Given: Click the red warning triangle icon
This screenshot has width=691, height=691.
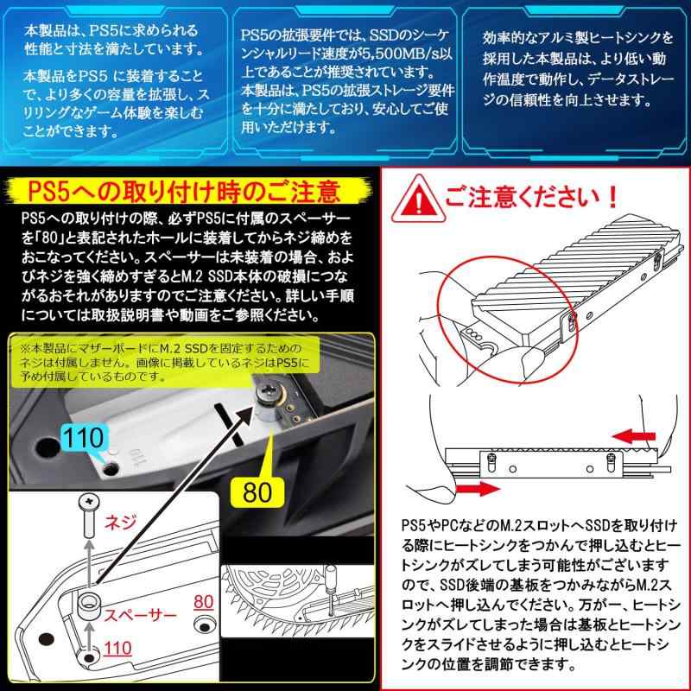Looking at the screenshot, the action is (x=418, y=200).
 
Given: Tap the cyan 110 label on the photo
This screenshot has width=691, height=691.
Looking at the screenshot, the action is (x=84, y=438).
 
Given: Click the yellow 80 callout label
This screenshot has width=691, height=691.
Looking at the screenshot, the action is (x=257, y=491).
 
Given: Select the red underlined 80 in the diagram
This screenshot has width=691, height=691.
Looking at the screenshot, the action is (x=204, y=601).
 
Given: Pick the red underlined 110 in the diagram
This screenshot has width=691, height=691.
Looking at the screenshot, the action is (x=117, y=649).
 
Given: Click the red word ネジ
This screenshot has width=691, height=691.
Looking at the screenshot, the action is (x=120, y=523).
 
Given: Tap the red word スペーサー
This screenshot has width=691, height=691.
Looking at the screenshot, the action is (x=140, y=615).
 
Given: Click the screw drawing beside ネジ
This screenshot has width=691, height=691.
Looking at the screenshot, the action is (x=89, y=515).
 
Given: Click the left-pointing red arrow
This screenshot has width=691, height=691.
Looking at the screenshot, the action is (x=634, y=436).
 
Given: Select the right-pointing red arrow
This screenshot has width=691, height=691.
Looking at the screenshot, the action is (x=479, y=489).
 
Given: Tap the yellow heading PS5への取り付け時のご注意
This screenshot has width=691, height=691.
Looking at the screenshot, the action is (x=184, y=192).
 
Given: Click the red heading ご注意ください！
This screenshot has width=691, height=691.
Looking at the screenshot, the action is (x=532, y=197).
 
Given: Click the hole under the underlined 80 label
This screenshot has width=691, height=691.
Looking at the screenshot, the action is (x=205, y=624).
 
